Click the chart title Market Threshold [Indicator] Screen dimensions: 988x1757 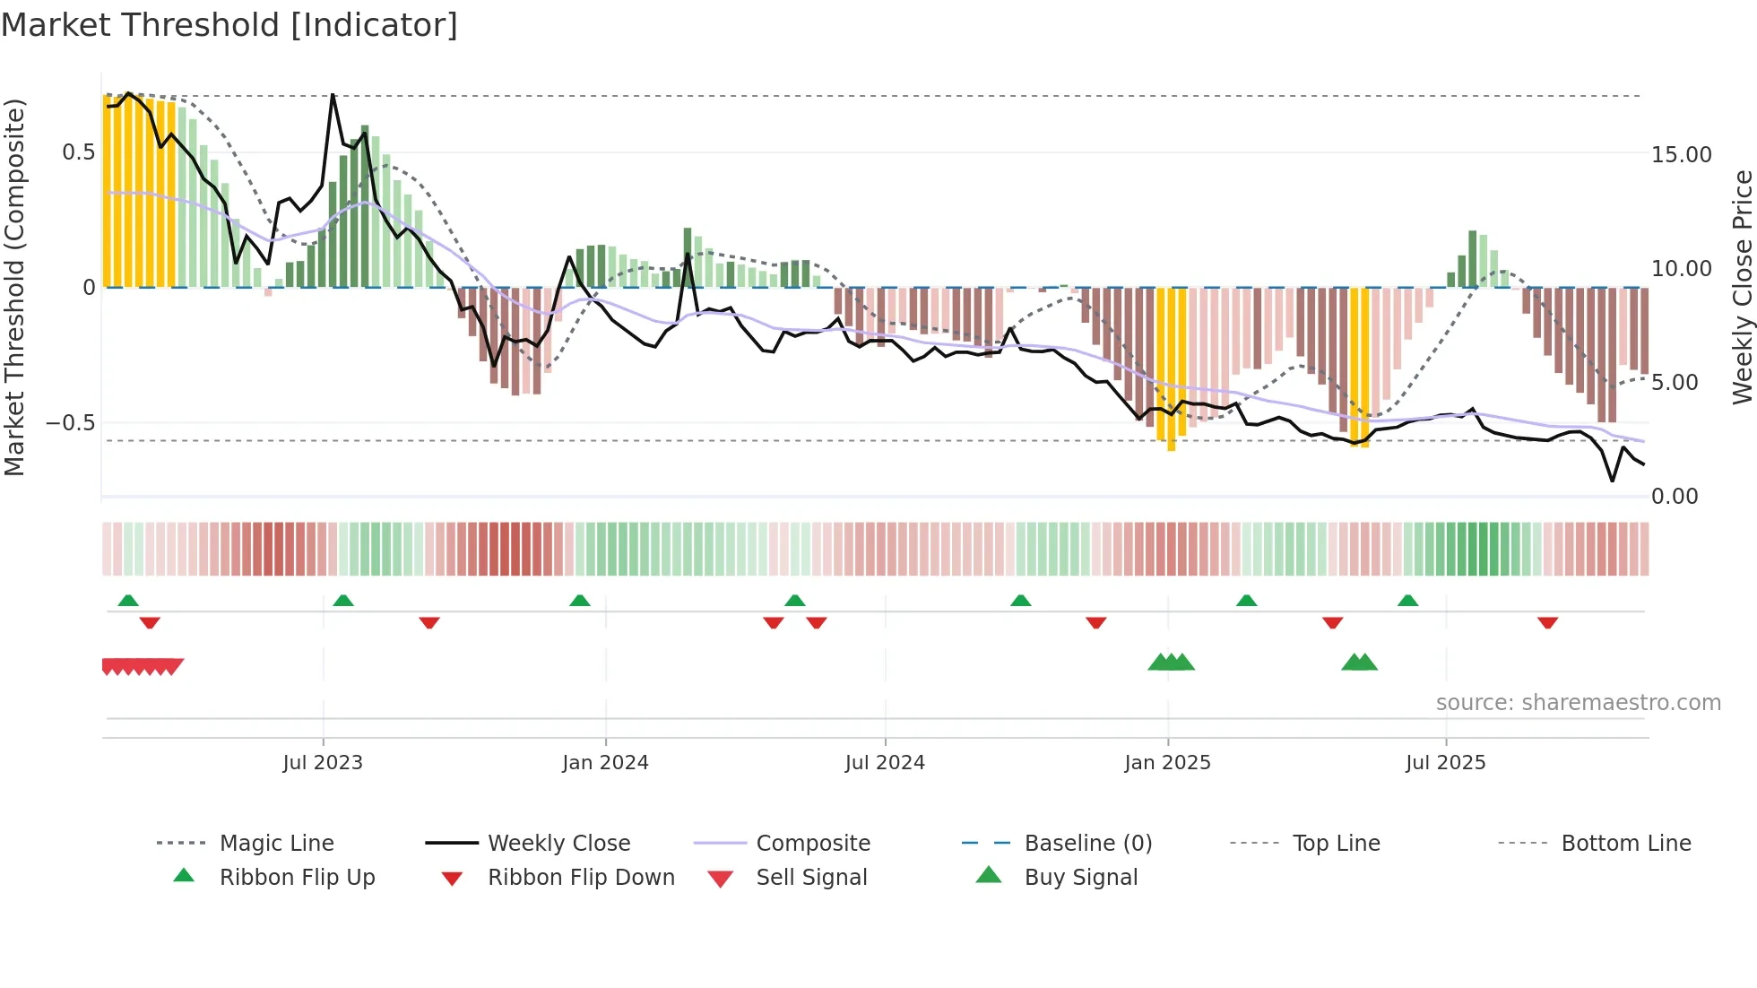[229, 25]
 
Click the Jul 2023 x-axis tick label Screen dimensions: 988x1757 [323, 763]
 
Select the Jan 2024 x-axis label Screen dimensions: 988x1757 [605, 763]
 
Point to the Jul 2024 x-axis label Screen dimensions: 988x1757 [885, 763]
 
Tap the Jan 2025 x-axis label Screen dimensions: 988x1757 [1167, 763]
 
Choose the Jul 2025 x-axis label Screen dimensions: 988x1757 [1445, 763]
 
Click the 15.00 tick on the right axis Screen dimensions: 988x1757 [1681, 155]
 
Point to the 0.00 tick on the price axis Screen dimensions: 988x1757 [1674, 497]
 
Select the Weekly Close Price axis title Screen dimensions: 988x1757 [1742, 287]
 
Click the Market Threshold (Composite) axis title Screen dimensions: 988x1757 [15, 287]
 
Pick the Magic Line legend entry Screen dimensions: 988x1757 [276, 844]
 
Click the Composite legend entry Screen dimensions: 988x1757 [812, 844]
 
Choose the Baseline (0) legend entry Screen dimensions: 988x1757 [1087, 844]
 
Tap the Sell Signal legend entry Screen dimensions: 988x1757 [811, 878]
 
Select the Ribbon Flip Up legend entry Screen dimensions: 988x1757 [297, 878]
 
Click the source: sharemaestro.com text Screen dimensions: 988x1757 [1578, 703]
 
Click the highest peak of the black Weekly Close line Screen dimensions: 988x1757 [333, 94]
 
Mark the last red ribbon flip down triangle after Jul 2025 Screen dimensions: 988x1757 [1547, 622]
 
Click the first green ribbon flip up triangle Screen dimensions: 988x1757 [128, 601]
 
